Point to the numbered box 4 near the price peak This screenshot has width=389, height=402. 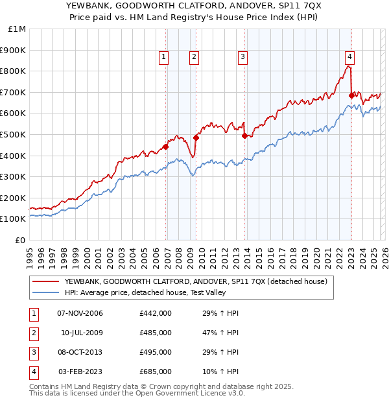[349, 56]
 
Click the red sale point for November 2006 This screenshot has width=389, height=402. [166, 147]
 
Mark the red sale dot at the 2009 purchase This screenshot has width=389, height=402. [196, 137]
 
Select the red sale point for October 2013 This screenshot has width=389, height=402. [244, 136]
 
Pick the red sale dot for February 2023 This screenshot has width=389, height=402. [351, 95]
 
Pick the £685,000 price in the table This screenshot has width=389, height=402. [156, 372]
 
